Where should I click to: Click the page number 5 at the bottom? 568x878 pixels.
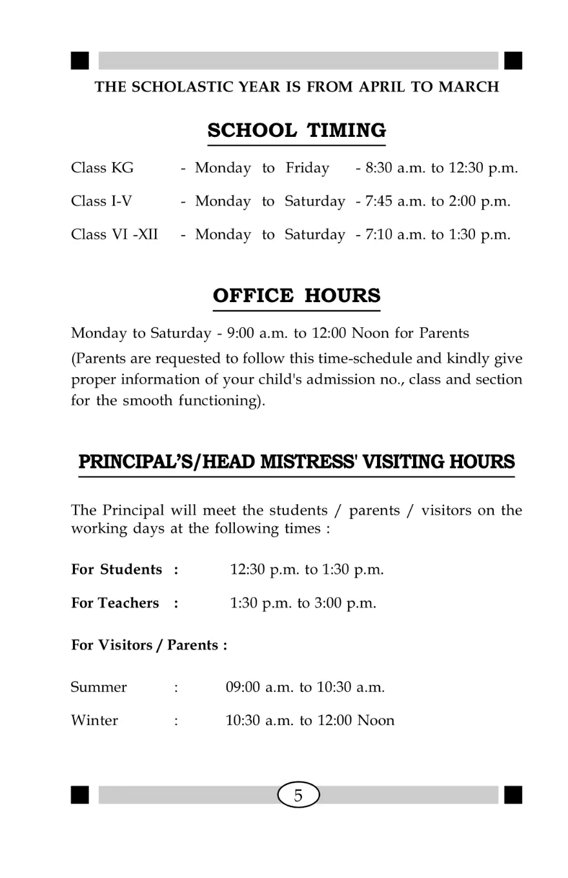coord(298,795)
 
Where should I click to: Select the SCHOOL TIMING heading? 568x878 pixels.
coord(297,130)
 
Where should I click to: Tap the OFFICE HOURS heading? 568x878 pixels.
coord(297,296)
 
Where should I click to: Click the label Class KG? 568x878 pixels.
coord(103,168)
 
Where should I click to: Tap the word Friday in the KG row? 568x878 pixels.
coord(307,168)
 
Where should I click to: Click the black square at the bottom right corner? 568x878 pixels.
coord(513,795)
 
